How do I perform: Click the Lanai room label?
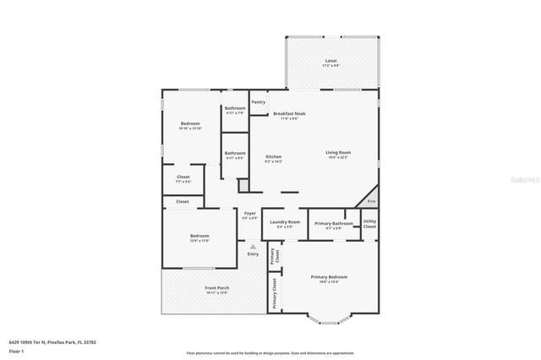coord(331,62)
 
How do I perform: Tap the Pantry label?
coord(258,101)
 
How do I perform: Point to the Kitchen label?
coord(273,158)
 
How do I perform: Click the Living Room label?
coord(338,154)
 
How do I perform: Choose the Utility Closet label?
coord(369,223)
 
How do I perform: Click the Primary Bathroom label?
coord(328,224)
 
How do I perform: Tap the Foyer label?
coord(250,215)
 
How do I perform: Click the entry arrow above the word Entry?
coord(252,246)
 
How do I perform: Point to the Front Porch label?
coord(217,289)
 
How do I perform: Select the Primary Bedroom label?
coord(329,278)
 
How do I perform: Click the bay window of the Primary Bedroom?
coord(329,319)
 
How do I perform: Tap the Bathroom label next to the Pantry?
coord(235,109)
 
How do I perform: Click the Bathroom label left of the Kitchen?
coord(234,155)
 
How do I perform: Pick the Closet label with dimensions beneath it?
coord(183,178)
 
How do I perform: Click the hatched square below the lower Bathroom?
coord(243,185)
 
